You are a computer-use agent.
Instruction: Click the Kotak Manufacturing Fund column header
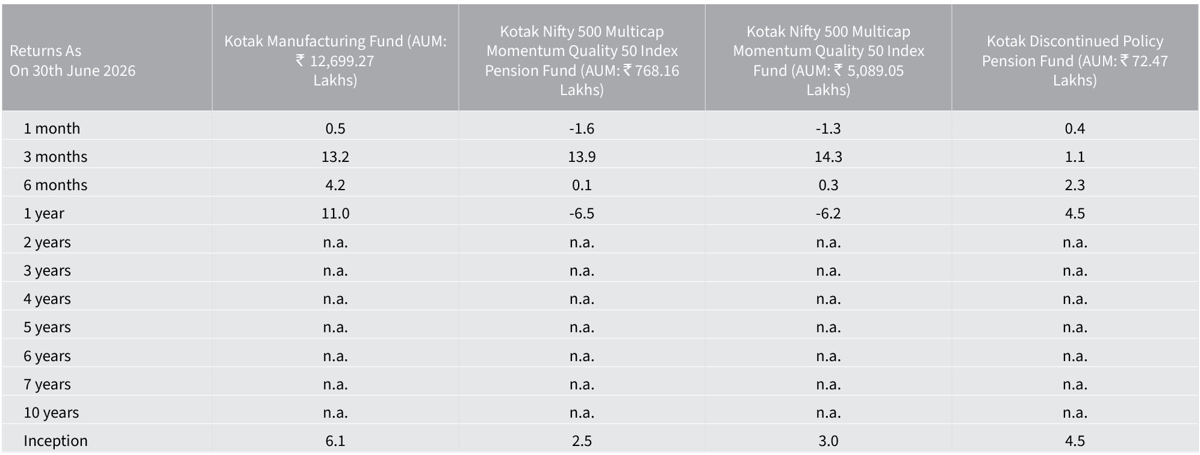[x=335, y=60]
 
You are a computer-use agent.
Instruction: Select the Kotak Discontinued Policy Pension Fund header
[x=1075, y=60]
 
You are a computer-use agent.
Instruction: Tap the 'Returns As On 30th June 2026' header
[x=72, y=61]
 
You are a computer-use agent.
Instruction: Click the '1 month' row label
[x=52, y=128]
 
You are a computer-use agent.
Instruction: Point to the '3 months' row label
[x=55, y=156]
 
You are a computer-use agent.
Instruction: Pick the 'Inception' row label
[x=55, y=441]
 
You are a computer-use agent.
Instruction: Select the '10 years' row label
[x=51, y=412]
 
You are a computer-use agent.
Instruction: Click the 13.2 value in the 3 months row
[x=335, y=156]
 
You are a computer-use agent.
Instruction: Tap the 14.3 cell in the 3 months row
[x=828, y=156]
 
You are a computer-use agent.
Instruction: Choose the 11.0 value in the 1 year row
[x=335, y=213]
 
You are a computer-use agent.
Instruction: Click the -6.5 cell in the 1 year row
[x=582, y=213]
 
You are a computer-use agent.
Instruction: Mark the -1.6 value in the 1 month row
[x=582, y=128]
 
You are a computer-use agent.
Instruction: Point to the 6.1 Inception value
[x=335, y=441]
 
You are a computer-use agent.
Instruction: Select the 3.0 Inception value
[x=828, y=441]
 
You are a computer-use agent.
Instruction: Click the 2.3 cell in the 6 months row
[x=1075, y=185]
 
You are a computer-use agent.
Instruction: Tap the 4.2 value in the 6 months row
[x=335, y=185]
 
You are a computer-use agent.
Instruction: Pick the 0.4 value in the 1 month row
[x=1075, y=128]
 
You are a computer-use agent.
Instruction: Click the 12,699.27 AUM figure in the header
[x=342, y=61]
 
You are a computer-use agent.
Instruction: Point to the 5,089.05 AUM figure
[x=875, y=70]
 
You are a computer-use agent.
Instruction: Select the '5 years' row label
[x=47, y=327]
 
